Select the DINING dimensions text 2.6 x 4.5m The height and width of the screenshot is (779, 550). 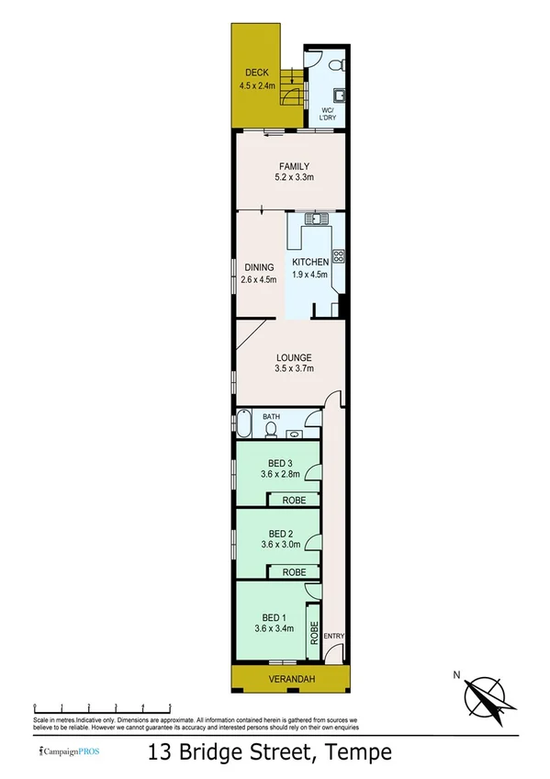tap(258, 281)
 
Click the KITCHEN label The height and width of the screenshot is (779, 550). tap(310, 263)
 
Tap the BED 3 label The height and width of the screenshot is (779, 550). tap(280, 462)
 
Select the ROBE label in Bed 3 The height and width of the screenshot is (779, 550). tap(294, 501)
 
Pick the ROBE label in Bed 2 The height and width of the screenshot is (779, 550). tap(294, 571)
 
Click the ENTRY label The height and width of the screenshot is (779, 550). tap(334, 636)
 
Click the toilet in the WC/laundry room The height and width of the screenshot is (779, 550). tap(336, 63)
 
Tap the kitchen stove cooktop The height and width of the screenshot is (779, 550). tap(338, 257)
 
